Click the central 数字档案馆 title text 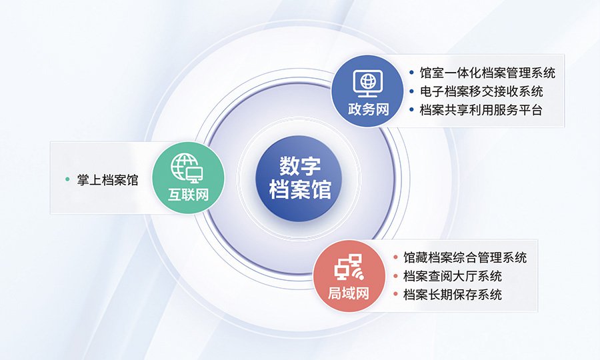(300, 178)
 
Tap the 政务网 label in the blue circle (368, 109)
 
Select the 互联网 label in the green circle (188, 195)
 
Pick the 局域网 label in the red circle (349, 293)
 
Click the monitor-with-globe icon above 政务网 (368, 83)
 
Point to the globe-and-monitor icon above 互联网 (187, 168)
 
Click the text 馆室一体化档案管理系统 (487, 73)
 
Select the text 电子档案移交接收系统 (481, 91)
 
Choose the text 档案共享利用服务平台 (481, 110)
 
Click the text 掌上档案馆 (107, 180)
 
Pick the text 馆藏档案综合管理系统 (465, 257)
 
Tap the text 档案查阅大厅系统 (453, 276)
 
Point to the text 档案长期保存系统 (453, 295)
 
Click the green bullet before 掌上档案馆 (68, 179)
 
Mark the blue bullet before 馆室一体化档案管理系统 (411, 72)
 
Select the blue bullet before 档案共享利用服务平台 (411, 110)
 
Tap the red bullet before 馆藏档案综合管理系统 (395, 257)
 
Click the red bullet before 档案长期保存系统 (395, 294)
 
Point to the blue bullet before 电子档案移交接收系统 (411, 91)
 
